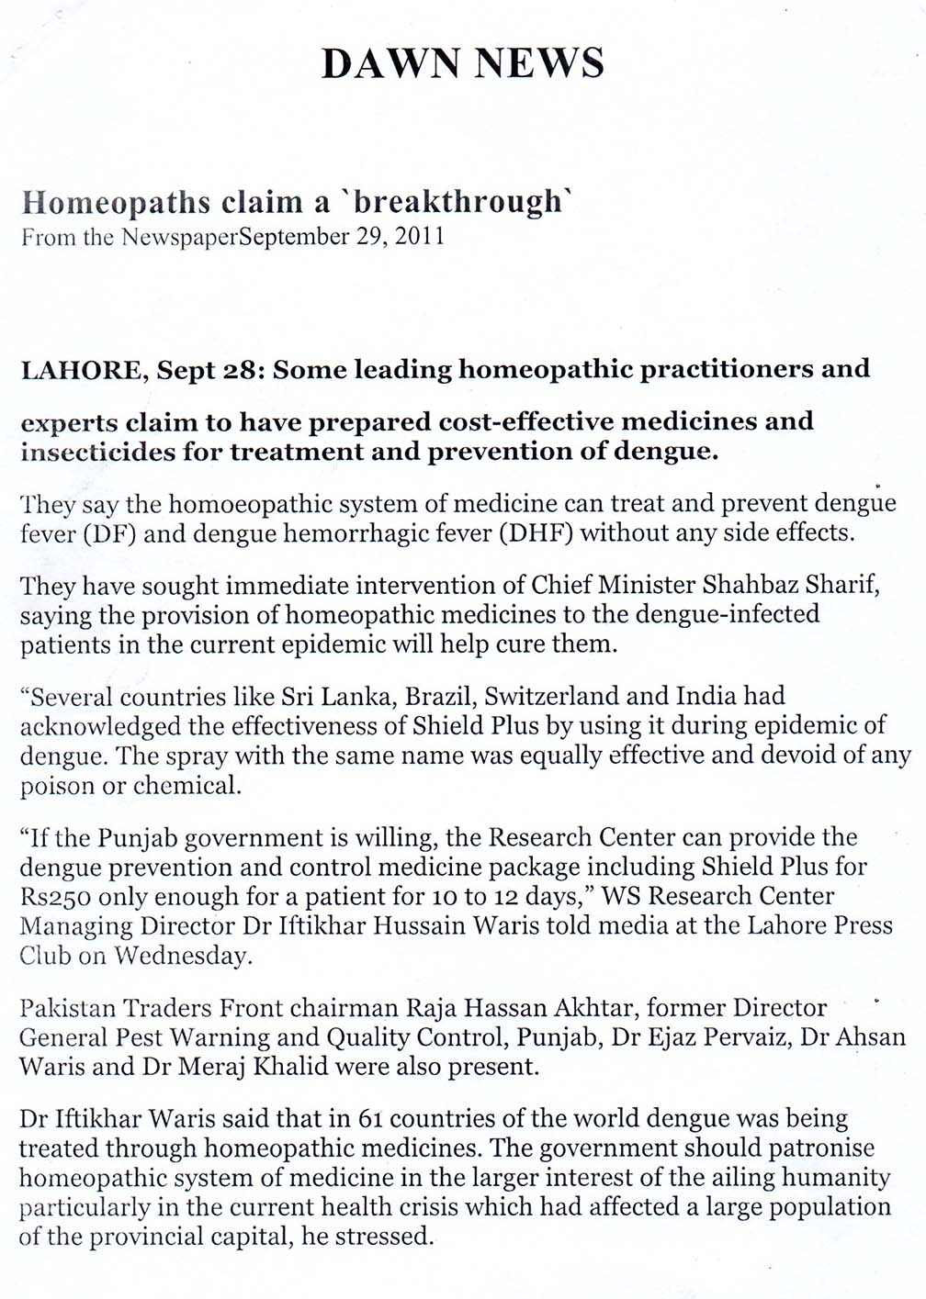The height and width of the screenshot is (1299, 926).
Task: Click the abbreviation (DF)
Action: click(x=110, y=532)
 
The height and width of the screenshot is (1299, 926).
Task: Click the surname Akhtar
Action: click(x=593, y=1008)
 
